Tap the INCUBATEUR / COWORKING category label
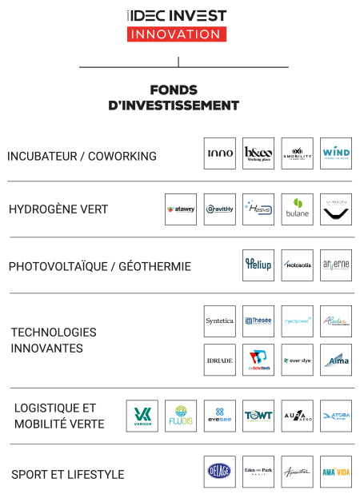pos(82,156)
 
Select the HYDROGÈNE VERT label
pos(58,210)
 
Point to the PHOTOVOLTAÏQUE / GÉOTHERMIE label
pos(100,266)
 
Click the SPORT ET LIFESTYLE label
pos(68,474)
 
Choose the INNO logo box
pos(220,153)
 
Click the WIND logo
pos(335,153)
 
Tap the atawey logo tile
pos(181,209)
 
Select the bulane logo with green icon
pos(297,209)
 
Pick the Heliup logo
pos(258,265)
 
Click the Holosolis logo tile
pos(297,265)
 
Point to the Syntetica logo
pos(220,321)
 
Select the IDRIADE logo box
pos(220,360)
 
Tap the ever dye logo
pos(297,360)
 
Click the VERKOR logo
pos(142,416)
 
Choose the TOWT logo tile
pos(258,416)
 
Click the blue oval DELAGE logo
pos(220,472)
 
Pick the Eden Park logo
pos(258,472)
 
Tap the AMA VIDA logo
pos(335,472)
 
